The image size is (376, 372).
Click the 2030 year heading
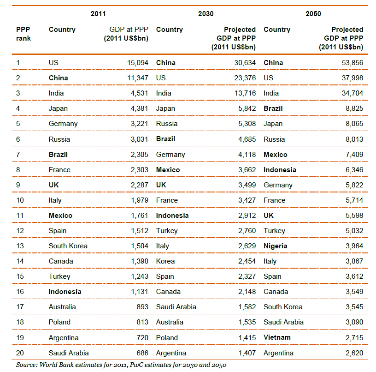(x=206, y=14)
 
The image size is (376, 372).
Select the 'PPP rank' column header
(x=23, y=33)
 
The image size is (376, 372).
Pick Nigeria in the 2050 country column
(x=275, y=246)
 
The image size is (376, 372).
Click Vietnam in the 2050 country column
(x=277, y=337)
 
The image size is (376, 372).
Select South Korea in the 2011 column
(x=68, y=246)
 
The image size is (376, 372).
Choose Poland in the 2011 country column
(x=59, y=322)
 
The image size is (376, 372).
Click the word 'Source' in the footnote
(x=27, y=365)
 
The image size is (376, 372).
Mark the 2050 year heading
(x=313, y=14)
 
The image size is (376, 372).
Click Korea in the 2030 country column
(x=165, y=261)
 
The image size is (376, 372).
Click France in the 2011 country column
(x=59, y=170)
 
